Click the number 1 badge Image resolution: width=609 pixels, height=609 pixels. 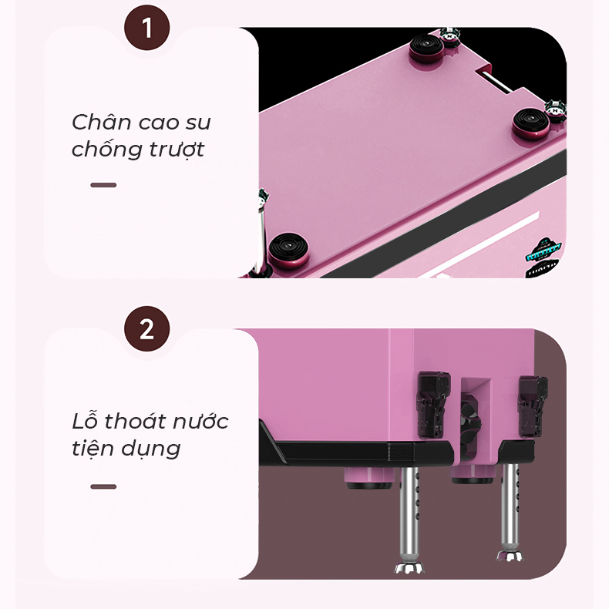tap(146, 28)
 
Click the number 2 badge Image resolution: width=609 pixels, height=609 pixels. tap(146, 329)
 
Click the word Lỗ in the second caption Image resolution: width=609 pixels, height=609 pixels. tap(84, 421)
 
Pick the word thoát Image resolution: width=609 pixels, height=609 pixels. tap(135, 422)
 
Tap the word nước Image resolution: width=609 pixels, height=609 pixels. tap(200, 422)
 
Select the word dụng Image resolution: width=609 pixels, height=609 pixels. tap(150, 449)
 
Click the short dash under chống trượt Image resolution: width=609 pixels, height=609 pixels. tap(103, 185)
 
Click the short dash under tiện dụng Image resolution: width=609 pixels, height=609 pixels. tap(103, 486)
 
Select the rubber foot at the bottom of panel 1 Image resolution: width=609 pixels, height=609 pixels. tap(288, 251)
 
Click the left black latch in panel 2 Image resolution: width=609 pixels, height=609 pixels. tap(433, 405)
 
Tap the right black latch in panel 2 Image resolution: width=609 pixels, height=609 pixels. tap(532, 405)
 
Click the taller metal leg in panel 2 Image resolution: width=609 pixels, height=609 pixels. tap(409, 520)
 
